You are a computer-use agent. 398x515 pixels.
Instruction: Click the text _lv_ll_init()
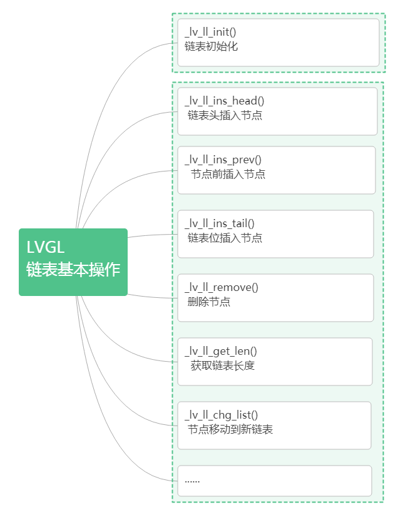pos(210,32)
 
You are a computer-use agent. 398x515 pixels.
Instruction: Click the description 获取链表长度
pos(223,365)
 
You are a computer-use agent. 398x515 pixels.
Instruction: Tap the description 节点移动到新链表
pos(230,429)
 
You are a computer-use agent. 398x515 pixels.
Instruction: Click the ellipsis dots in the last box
pos(192,481)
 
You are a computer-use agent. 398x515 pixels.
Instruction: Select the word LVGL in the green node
pos(46,248)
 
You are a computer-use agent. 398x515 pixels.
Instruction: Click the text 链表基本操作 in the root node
pos(73,270)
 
